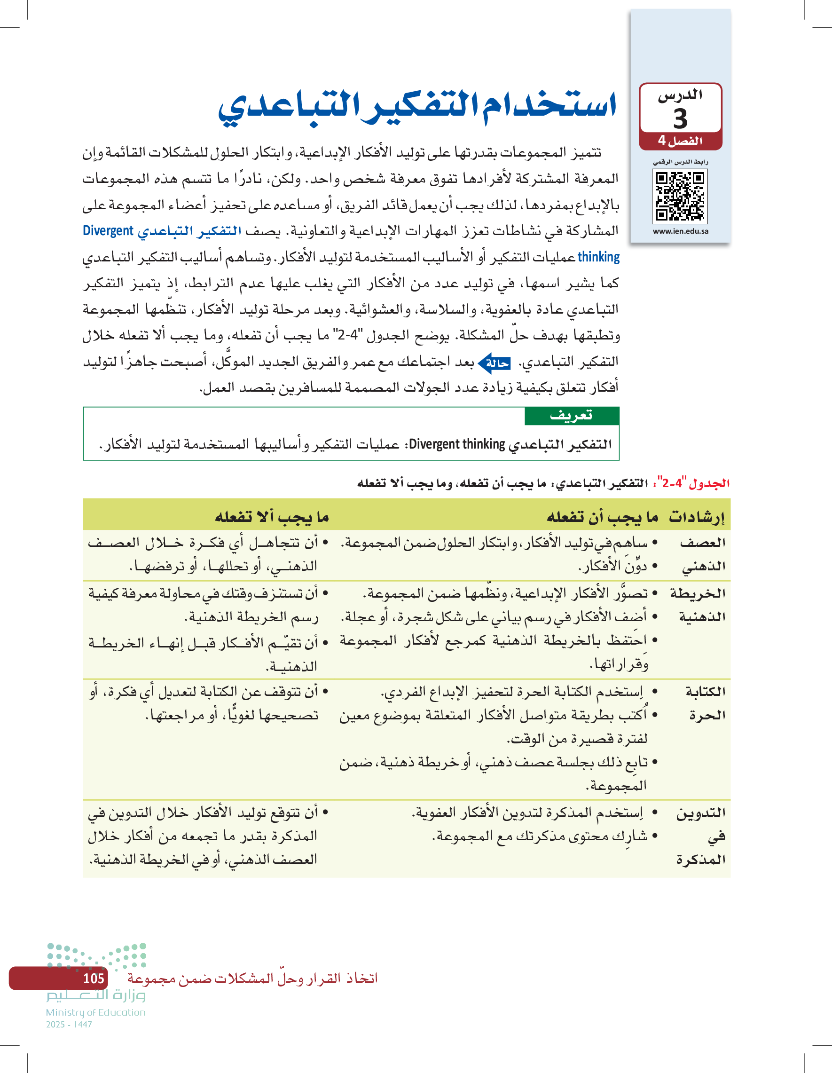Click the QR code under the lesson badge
tap(680, 197)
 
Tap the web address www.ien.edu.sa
tap(680, 231)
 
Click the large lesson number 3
tap(680, 118)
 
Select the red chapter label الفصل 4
tap(680, 141)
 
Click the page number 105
tap(94, 978)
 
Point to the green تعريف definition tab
tap(571, 416)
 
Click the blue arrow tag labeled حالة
tap(495, 363)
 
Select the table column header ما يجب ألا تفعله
tap(272, 516)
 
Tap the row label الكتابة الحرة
tap(706, 703)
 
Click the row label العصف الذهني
tap(703, 554)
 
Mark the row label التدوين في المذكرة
tap(701, 836)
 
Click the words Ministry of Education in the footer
tap(96, 1012)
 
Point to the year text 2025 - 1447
tap(69, 1025)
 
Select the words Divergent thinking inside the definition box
tap(457, 444)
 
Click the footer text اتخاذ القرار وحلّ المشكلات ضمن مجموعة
tap(252, 978)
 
